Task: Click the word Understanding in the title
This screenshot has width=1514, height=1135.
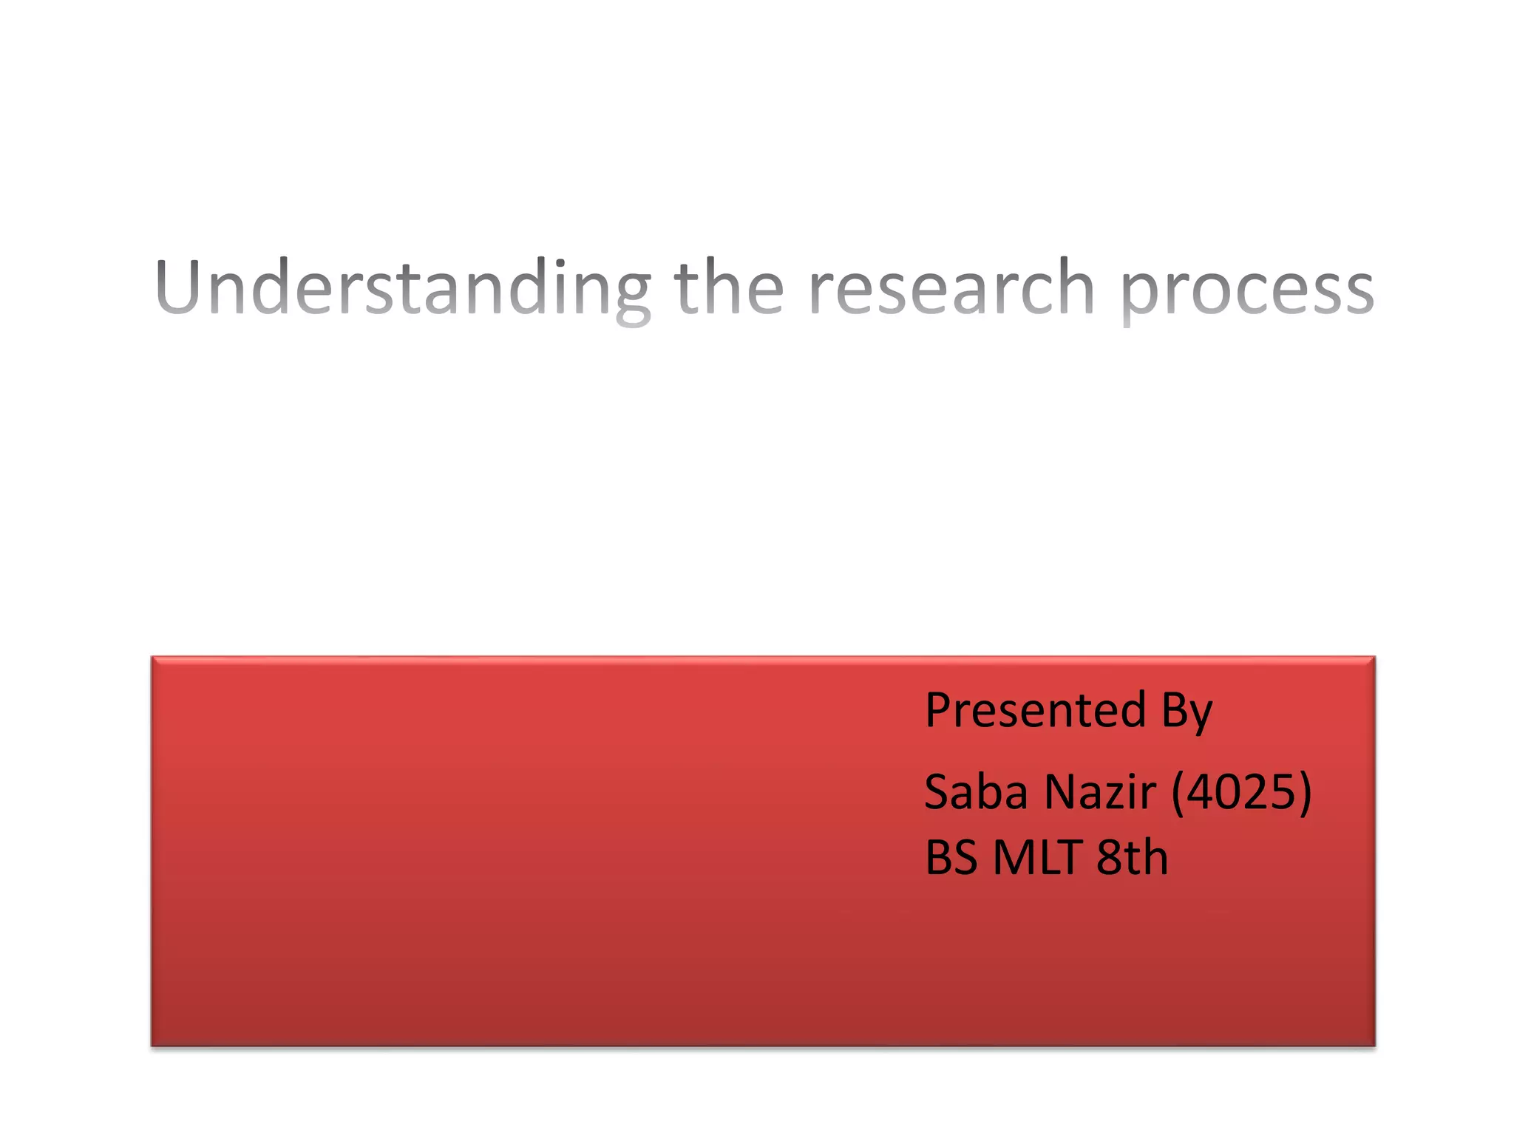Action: click(x=403, y=288)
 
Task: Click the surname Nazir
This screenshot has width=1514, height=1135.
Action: click(x=1100, y=792)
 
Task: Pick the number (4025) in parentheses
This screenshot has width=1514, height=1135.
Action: click(x=1242, y=792)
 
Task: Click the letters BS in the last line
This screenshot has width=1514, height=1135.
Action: click(x=952, y=858)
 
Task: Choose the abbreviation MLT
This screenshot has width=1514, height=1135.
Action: click(x=1038, y=858)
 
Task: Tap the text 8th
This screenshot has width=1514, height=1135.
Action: click(x=1132, y=858)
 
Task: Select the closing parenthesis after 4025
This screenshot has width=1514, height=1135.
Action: click(x=1305, y=792)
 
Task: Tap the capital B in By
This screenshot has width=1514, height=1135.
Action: click(x=1173, y=711)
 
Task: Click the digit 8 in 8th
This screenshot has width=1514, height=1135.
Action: click(x=1109, y=858)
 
